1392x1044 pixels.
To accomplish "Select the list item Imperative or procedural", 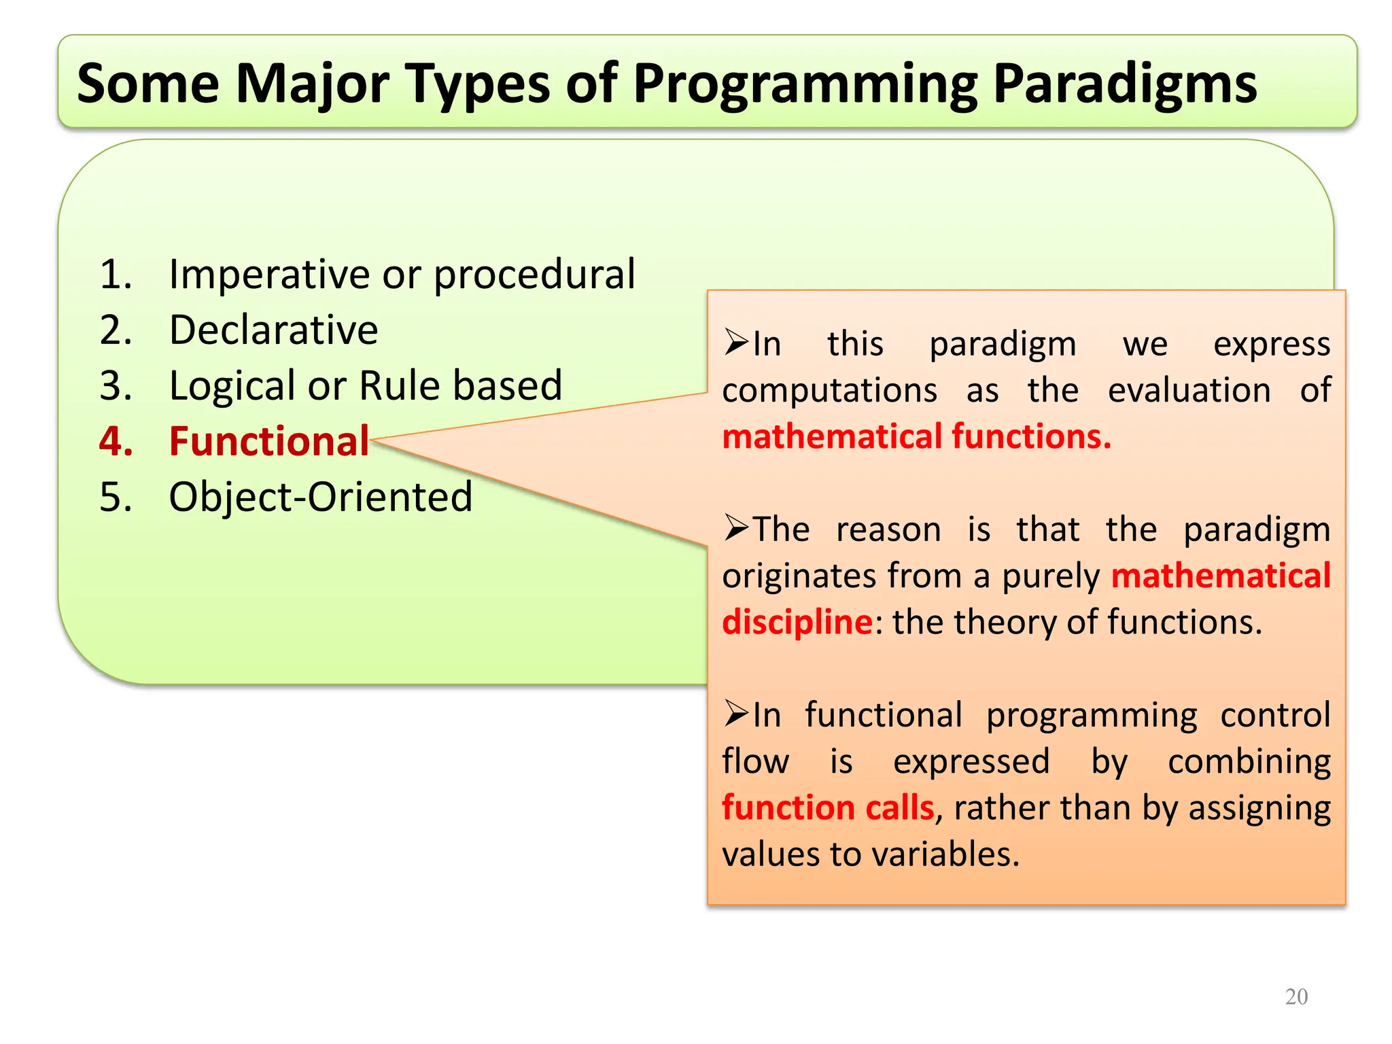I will [x=402, y=275].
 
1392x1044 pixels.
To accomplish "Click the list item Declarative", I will [x=273, y=330].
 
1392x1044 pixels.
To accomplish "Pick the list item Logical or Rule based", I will [x=366, y=386].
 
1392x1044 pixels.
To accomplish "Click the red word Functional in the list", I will [x=269, y=442].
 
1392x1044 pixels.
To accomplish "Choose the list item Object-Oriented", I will [x=320, y=497].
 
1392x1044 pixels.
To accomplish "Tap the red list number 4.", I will [x=116, y=442].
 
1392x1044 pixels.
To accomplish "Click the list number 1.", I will [x=115, y=275].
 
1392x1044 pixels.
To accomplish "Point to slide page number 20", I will [x=1296, y=996].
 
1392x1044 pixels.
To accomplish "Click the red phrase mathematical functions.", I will [x=916, y=436].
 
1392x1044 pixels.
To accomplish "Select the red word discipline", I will [x=797, y=622].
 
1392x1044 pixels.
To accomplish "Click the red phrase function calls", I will [x=828, y=807].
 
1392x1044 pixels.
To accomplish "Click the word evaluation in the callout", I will [x=1189, y=391].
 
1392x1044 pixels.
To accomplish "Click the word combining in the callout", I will [x=1249, y=762].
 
